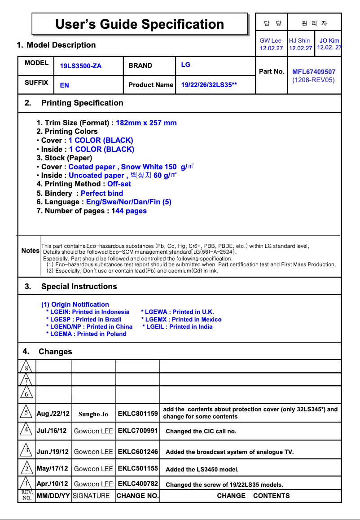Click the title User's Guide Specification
[x=140, y=24]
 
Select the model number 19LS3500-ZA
[x=81, y=66]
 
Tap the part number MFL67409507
[x=314, y=71]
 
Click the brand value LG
[x=185, y=65]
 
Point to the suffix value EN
[x=65, y=85]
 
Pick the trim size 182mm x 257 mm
[x=146, y=123]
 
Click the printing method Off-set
[x=119, y=184]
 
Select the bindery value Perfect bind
[x=102, y=193]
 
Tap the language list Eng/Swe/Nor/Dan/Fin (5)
[x=129, y=202]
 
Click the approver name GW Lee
[x=271, y=40]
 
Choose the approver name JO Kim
[x=329, y=40]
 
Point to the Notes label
[x=30, y=251]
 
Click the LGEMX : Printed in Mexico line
[x=181, y=319]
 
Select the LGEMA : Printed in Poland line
[x=86, y=334]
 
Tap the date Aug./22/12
[x=53, y=414]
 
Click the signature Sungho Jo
[x=93, y=414]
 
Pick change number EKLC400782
[x=138, y=484]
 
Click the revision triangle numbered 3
[x=27, y=450]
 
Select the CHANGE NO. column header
[x=137, y=496]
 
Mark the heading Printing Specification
[x=82, y=103]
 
